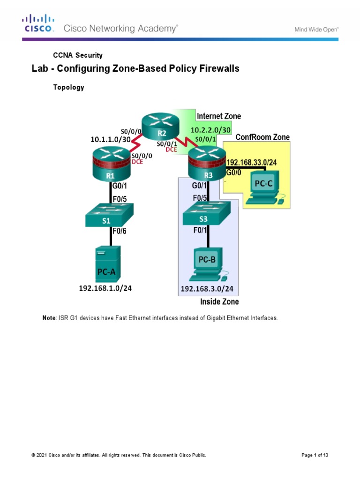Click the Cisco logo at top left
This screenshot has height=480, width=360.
click(38, 23)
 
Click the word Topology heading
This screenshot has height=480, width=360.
click(68, 87)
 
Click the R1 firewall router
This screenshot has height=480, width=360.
click(110, 164)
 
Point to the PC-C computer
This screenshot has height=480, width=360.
click(263, 187)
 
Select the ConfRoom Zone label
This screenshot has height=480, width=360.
click(262, 137)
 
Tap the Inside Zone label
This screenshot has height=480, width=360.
click(219, 301)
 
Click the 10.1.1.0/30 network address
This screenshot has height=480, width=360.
click(111, 139)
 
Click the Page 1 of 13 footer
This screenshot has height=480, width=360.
click(318, 455)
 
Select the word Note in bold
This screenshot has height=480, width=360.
click(49, 318)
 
